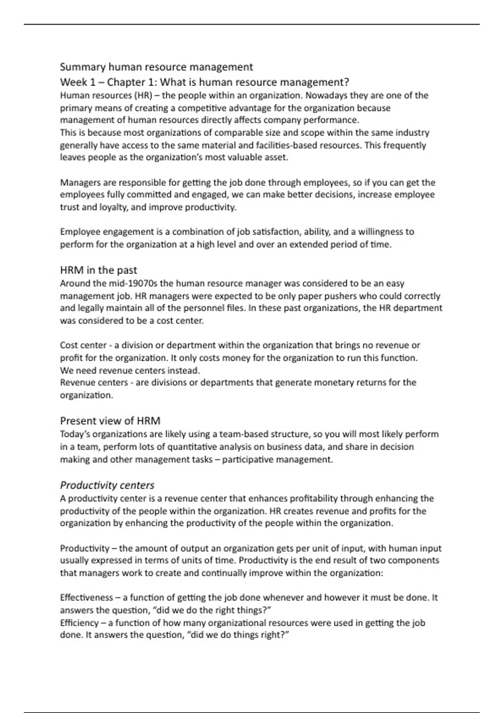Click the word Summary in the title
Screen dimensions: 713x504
point(83,67)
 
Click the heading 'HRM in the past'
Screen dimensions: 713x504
point(98,270)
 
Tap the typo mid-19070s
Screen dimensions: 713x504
point(133,284)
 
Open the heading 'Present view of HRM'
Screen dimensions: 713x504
point(110,421)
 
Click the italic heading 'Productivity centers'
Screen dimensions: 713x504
point(107,485)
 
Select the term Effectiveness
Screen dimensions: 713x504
point(87,598)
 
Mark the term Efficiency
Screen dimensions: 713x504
point(79,623)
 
